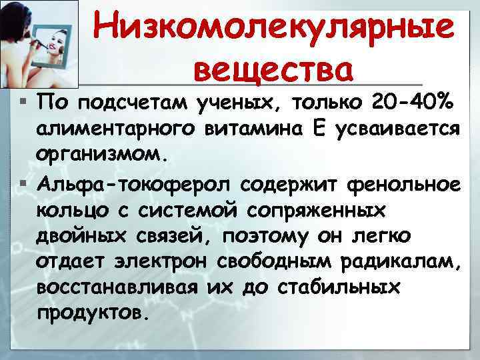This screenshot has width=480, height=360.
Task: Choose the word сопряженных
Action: coord(319,208)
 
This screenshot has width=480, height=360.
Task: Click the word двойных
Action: coord(82,235)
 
